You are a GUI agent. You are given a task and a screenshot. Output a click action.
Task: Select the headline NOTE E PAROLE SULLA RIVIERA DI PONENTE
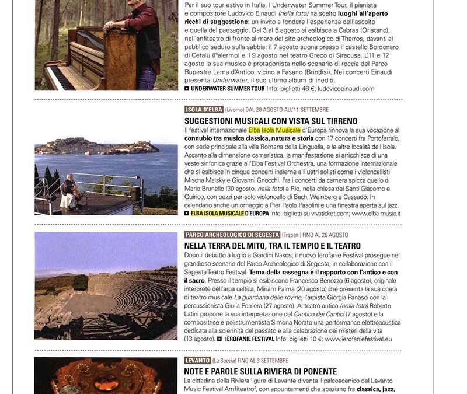tap(260, 371)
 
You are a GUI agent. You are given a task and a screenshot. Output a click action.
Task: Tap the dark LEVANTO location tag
tap(197, 361)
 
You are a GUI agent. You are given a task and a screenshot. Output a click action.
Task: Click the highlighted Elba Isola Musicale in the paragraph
tap(275, 130)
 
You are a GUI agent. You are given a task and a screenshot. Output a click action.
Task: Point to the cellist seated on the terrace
tap(71, 191)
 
